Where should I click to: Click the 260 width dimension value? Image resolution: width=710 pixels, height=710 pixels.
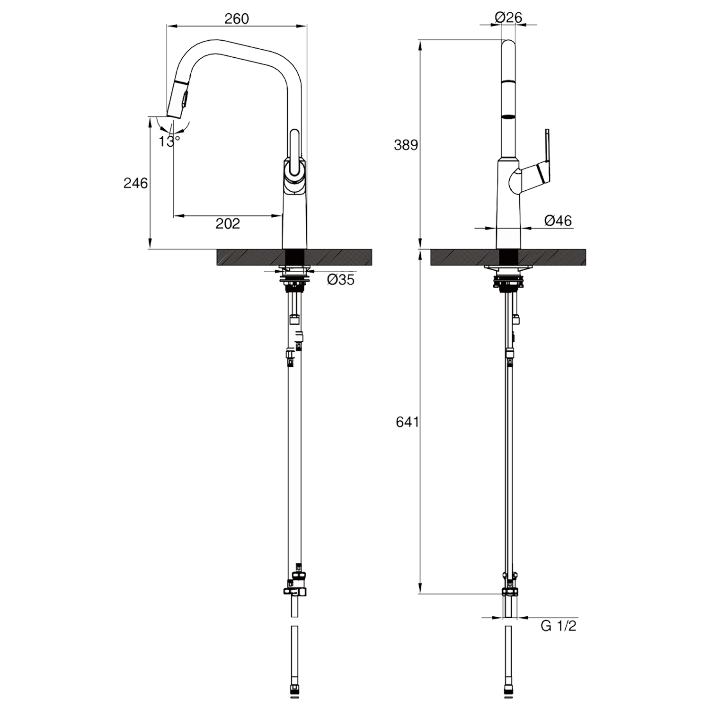tap(236, 18)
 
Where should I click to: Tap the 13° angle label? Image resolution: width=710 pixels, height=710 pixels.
tap(169, 141)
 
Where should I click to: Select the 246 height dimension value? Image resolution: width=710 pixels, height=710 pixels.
tap(136, 183)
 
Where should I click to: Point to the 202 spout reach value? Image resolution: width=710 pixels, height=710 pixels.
tap(228, 223)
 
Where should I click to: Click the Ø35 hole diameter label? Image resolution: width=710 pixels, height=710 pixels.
tap(340, 280)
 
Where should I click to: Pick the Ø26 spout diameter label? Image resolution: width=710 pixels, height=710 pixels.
tap(508, 18)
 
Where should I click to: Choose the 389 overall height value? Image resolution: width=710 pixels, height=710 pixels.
tap(406, 145)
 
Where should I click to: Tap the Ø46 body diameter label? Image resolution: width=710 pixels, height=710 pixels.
tap(558, 221)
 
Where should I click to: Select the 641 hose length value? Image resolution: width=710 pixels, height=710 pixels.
tap(408, 422)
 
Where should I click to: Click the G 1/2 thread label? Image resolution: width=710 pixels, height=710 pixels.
tap(559, 626)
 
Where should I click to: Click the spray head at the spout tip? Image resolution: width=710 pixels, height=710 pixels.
tap(178, 98)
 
